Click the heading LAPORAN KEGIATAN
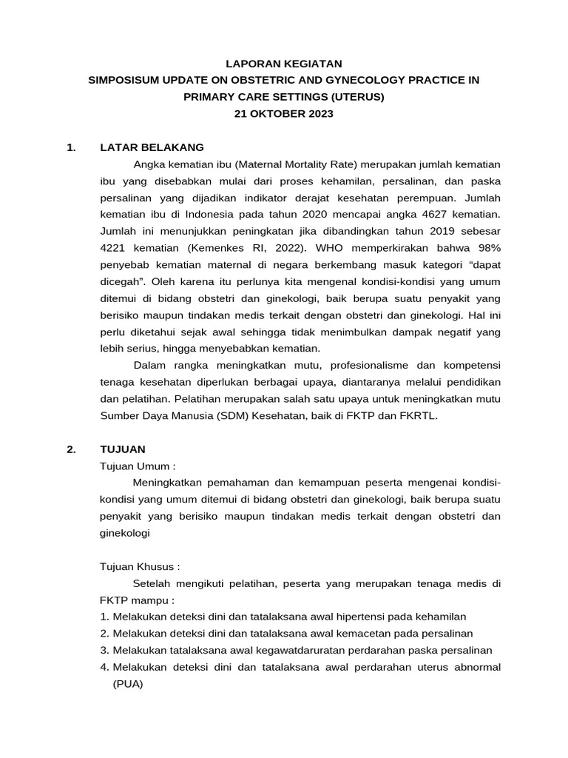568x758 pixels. point(284,64)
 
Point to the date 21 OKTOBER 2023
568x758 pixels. point(284,114)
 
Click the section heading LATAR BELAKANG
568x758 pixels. point(152,147)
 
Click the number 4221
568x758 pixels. point(115,249)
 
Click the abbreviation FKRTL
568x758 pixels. point(419,416)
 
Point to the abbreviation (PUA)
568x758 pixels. point(127,684)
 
